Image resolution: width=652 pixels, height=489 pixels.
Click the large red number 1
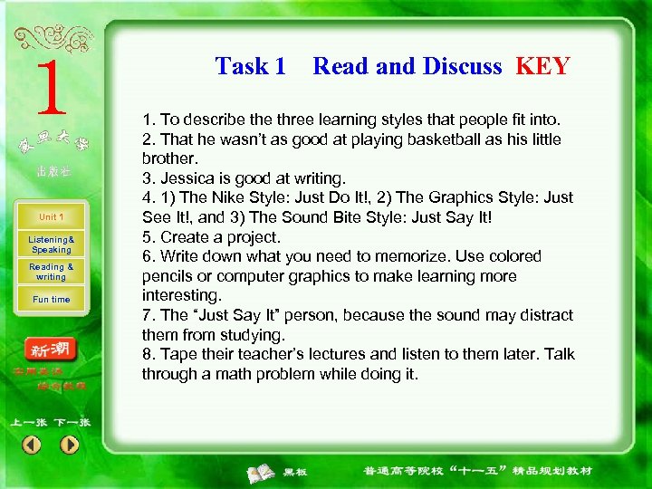(52, 88)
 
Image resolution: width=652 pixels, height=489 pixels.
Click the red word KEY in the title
(542, 66)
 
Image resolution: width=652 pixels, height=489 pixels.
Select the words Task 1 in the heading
(250, 66)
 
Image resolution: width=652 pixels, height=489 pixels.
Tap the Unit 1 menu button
(51, 217)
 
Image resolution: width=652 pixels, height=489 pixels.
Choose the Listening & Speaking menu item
(51, 244)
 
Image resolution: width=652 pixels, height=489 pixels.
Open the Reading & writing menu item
(51, 272)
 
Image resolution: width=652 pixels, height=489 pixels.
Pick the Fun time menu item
(51, 300)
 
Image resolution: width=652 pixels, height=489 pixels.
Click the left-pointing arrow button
(32, 445)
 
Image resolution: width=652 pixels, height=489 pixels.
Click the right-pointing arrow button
(70, 445)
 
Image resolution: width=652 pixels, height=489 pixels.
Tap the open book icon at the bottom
(263, 472)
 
